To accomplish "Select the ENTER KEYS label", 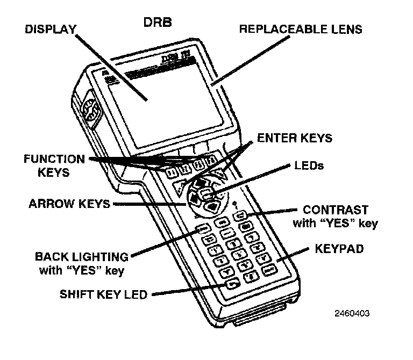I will (x=295, y=138).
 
